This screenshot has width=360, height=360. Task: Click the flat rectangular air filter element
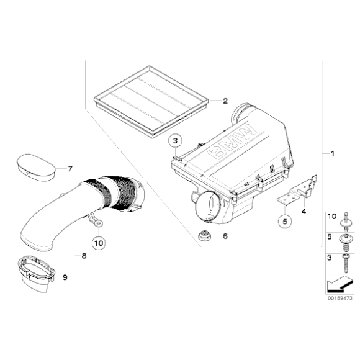(x=149, y=99)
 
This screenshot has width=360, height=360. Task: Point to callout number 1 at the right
(x=332, y=153)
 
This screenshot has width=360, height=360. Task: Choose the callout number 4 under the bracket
(x=304, y=211)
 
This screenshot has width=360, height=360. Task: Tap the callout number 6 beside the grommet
(x=225, y=236)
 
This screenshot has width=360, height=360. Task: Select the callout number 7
(x=70, y=168)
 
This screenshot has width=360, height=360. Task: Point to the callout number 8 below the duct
(x=84, y=255)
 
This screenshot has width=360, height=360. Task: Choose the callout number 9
(x=64, y=277)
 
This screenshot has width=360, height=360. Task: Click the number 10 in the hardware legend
(x=331, y=216)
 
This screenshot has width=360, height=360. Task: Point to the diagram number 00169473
(x=340, y=298)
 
